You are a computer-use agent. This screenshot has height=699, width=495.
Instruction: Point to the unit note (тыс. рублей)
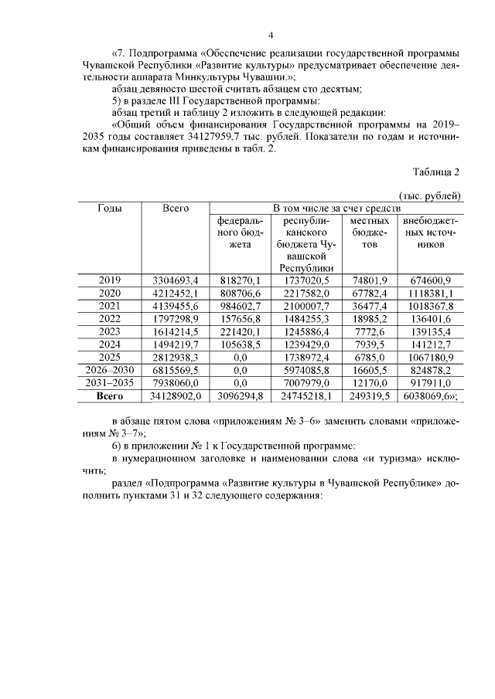click(430, 196)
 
